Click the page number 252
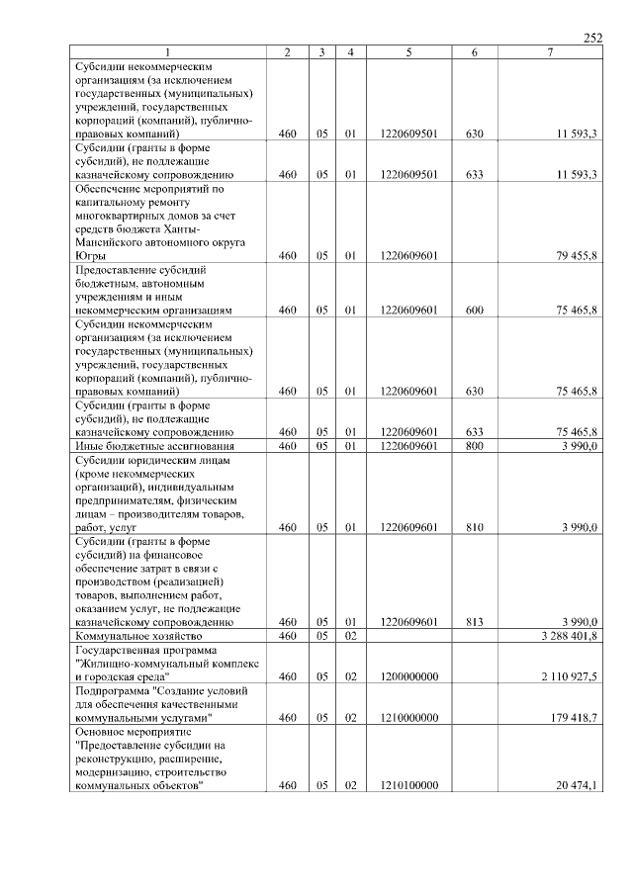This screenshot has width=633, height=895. click(x=592, y=38)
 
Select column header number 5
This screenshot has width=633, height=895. click(x=408, y=51)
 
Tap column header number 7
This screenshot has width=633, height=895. click(x=550, y=51)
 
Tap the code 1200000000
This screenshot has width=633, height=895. click(x=408, y=676)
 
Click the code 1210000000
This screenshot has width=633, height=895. click(x=408, y=717)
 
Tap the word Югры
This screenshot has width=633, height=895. click(x=90, y=255)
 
